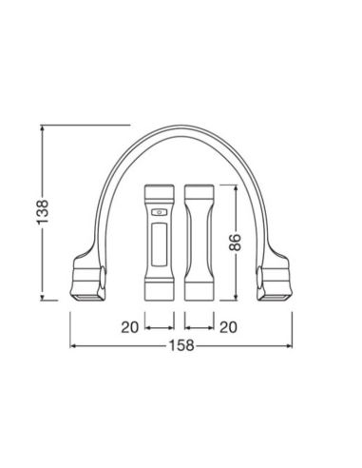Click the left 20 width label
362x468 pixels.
point(131,326)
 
